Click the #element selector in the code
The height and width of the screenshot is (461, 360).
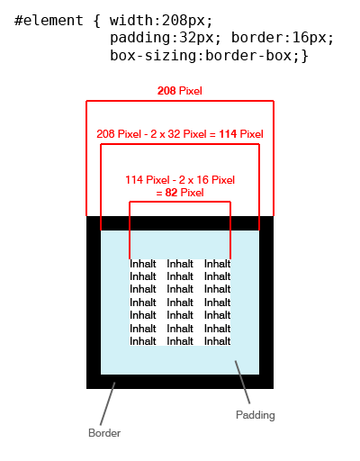(x=49, y=21)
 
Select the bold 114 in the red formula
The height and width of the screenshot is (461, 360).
(x=228, y=134)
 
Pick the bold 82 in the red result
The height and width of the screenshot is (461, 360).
(x=171, y=193)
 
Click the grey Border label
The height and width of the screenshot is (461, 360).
(x=104, y=433)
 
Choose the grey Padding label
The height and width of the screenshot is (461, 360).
(x=256, y=415)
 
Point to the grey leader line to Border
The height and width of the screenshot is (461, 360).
(x=108, y=403)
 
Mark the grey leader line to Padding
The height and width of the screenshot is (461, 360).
(x=242, y=382)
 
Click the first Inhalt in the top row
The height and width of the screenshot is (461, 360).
(x=143, y=264)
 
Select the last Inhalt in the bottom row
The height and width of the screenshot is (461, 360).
(x=218, y=341)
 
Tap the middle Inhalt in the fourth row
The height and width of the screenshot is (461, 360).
(x=180, y=303)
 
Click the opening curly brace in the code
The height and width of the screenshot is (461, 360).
(x=96, y=21)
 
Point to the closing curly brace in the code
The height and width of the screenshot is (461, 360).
(x=305, y=56)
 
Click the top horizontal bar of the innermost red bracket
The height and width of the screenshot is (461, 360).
(x=180, y=202)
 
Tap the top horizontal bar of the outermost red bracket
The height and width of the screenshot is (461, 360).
(x=180, y=101)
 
